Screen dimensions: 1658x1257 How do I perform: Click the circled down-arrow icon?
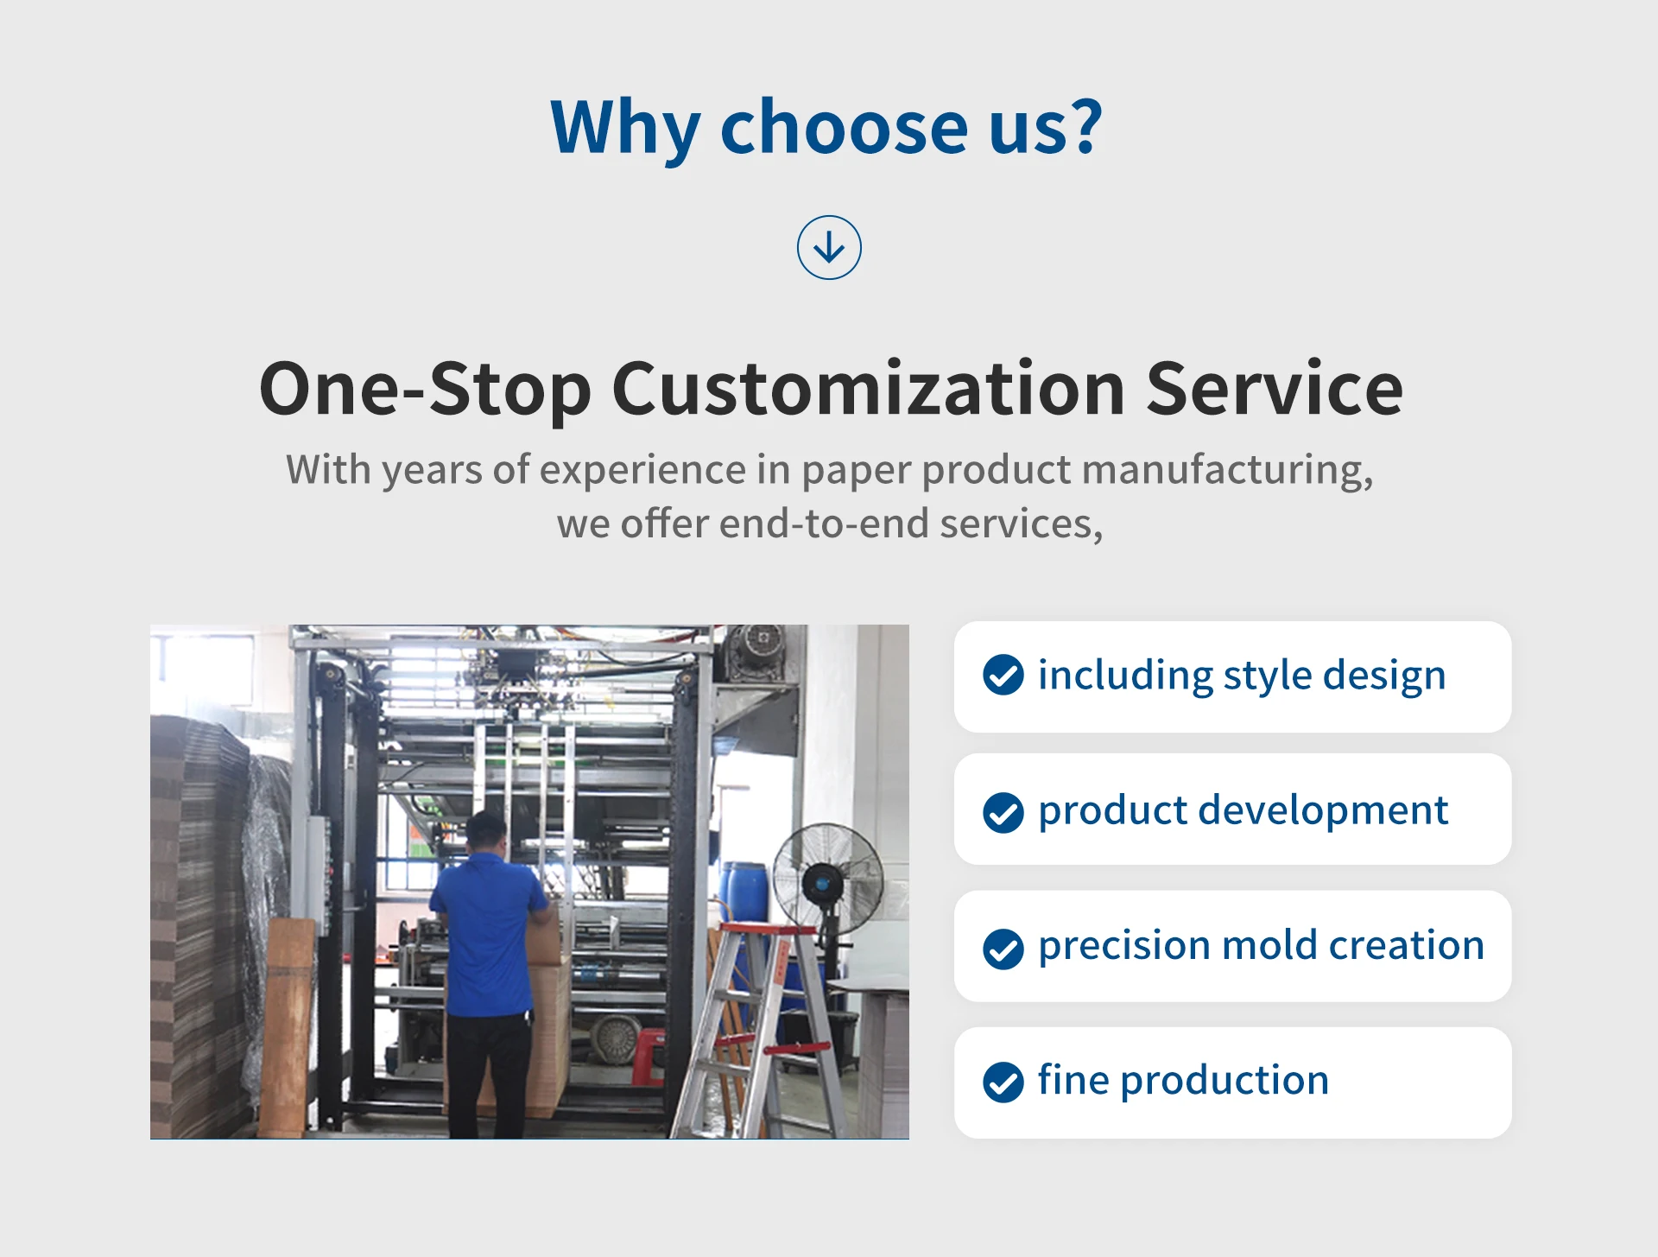[x=829, y=248]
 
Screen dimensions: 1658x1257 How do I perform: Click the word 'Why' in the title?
[x=625, y=128]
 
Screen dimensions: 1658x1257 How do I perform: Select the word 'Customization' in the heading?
[x=868, y=389]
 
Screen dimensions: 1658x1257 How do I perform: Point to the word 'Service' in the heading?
[x=1274, y=389]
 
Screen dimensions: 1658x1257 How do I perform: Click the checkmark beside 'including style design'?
[x=1003, y=675]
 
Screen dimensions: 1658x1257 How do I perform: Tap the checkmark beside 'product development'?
[x=1003, y=812]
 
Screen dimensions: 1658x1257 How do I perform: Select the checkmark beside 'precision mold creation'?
[x=1003, y=949]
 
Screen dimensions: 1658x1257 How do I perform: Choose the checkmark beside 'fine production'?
[x=1003, y=1082]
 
